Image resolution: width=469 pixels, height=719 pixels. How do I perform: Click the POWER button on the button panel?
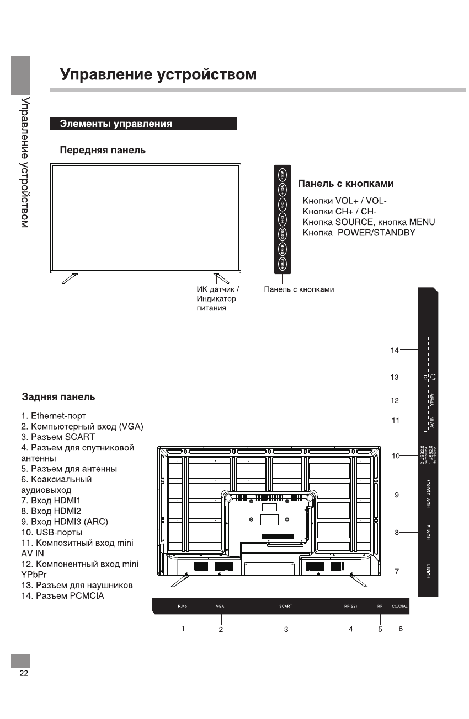pyautogui.click(x=282, y=264)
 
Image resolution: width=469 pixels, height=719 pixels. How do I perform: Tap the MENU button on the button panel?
pyautogui.click(x=282, y=249)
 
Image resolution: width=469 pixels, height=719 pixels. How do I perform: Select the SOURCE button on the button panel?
pyautogui.click(x=282, y=234)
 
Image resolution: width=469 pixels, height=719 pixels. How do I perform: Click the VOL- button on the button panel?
pyautogui.click(x=282, y=174)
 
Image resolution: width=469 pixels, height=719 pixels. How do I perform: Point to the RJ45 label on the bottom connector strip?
pyautogui.click(x=183, y=606)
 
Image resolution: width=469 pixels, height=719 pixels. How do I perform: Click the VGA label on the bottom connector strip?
pyautogui.click(x=220, y=606)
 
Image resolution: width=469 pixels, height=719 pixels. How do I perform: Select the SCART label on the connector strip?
pyautogui.click(x=286, y=606)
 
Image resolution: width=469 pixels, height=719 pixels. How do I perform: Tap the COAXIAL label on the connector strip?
pyautogui.click(x=400, y=606)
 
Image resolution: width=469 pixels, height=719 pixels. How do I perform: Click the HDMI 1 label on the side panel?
pyautogui.click(x=429, y=571)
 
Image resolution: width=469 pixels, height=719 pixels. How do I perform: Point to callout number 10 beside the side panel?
pyautogui.click(x=396, y=456)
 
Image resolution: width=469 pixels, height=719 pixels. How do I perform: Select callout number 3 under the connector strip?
pyautogui.click(x=286, y=629)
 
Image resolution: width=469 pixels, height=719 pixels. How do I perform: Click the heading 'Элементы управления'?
pyautogui.click(x=116, y=124)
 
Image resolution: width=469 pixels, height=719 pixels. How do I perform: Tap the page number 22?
pyautogui.click(x=24, y=674)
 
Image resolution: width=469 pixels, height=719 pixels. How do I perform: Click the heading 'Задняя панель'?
pyautogui.click(x=58, y=397)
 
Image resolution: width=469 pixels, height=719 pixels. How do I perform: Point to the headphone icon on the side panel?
pyautogui.click(x=433, y=378)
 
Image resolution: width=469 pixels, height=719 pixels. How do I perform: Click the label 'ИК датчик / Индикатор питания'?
pyautogui.click(x=217, y=298)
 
